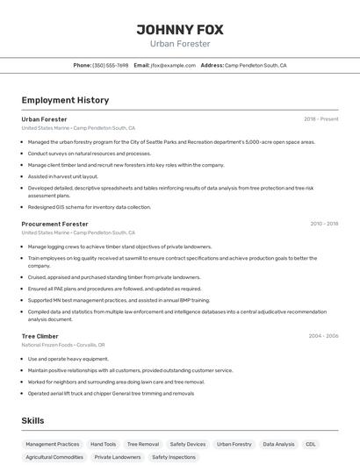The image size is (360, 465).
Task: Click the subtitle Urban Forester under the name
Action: [180, 43]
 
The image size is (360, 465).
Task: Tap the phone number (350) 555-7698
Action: [111, 65]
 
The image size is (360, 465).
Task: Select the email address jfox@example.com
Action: [173, 65]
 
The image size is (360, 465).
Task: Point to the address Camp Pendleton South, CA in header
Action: [256, 65]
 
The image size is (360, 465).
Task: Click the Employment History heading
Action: [65, 100]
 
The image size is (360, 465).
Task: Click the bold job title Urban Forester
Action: [44, 118]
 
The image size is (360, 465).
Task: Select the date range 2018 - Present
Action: [321, 118]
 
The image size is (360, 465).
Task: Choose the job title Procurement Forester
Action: [54, 224]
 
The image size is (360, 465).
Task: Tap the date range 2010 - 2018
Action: [324, 224]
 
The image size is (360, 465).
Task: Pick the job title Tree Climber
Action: [40, 336]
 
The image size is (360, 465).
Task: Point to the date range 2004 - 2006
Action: [323, 336]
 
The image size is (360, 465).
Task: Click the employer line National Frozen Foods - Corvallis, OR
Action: [63, 345]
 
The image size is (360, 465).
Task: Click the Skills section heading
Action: [32, 421]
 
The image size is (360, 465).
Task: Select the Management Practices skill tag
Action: [53, 444]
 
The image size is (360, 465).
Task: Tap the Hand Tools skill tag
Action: [103, 444]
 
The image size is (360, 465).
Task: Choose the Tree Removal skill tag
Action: [143, 444]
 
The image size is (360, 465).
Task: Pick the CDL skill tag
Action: [311, 444]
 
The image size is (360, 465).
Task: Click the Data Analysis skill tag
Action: [278, 444]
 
